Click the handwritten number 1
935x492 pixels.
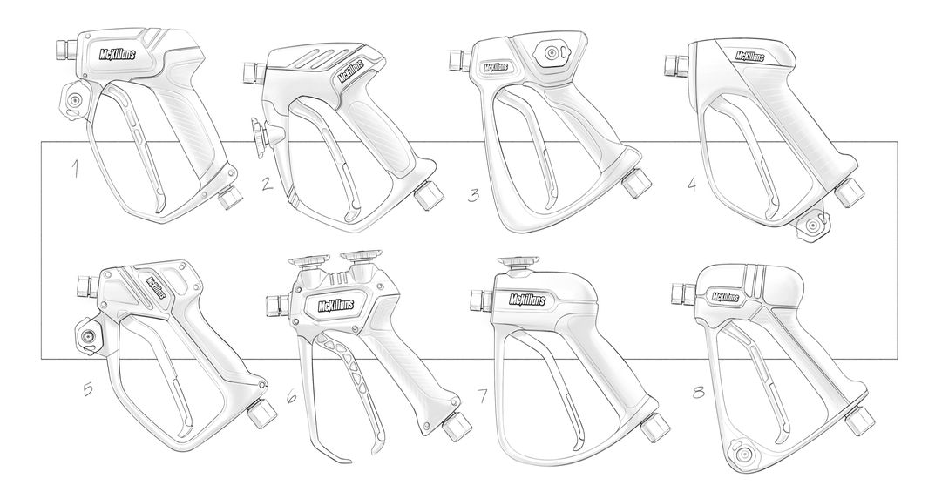75,170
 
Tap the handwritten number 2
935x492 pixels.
268,182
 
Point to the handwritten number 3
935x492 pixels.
473,195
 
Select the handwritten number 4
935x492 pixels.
692,184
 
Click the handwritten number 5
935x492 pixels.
88,389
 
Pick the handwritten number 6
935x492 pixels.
291,396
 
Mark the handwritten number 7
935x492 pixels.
484,395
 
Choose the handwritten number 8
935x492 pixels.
698,393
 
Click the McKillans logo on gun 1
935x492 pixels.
117,54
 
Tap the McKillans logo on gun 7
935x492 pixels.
528,300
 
